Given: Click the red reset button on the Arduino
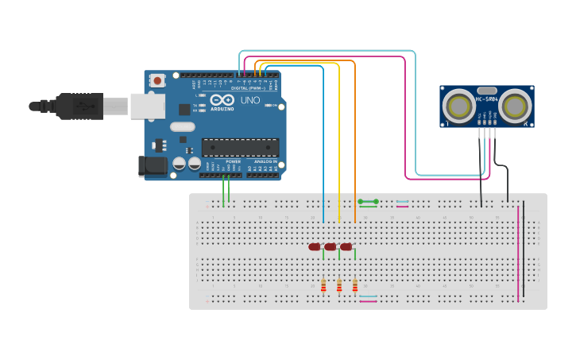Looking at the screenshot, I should click(x=157, y=80).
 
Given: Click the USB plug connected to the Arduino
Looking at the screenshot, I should click(x=79, y=106).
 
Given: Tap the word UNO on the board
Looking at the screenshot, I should click(x=250, y=101).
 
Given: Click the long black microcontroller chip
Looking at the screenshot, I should click(x=240, y=146).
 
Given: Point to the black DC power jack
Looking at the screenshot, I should click(x=153, y=166).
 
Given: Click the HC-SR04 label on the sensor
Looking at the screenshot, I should click(x=487, y=99).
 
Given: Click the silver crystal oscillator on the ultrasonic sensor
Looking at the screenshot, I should click(x=487, y=91).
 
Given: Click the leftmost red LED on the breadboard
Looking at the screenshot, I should click(x=315, y=247).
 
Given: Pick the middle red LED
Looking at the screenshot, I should click(x=330, y=247).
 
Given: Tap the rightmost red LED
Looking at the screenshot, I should click(x=346, y=247).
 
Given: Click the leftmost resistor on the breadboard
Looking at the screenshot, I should click(x=323, y=286).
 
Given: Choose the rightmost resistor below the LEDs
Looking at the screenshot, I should click(x=355, y=286).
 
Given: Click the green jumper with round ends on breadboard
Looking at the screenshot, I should click(x=368, y=202).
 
